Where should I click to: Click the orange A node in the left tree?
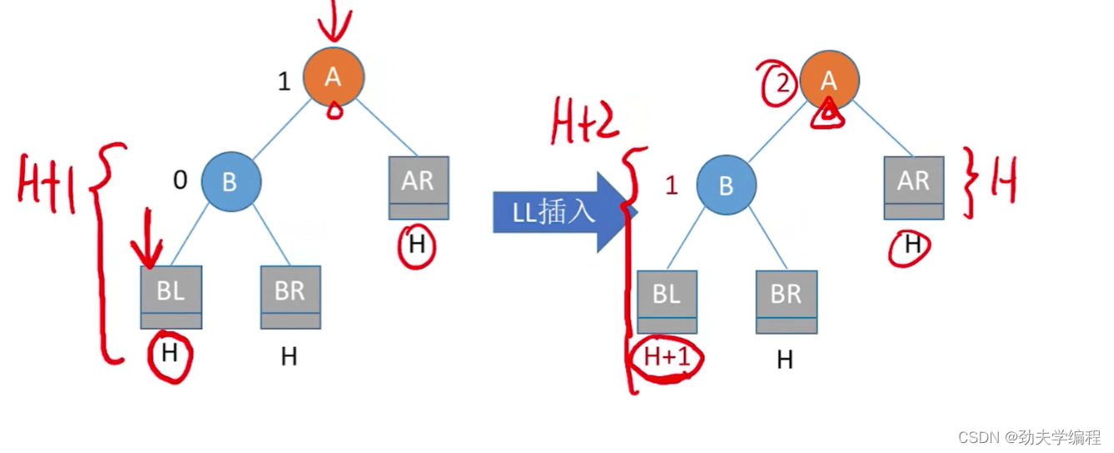tap(333, 77)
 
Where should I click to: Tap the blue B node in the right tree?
tap(726, 184)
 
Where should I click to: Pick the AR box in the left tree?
tap(419, 187)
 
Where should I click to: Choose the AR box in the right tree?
tap(914, 187)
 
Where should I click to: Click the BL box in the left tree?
tap(171, 297)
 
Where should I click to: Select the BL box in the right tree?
tap(666, 301)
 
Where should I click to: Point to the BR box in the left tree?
tap(290, 297)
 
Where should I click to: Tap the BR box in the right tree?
tap(786, 301)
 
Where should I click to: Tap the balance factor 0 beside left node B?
tap(179, 180)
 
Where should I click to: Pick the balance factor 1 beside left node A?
tap(284, 81)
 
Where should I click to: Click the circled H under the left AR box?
tap(416, 245)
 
